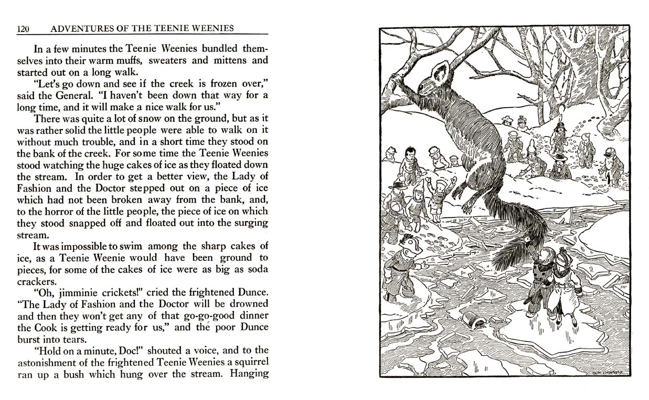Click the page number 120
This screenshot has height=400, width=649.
click(x=23, y=29)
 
